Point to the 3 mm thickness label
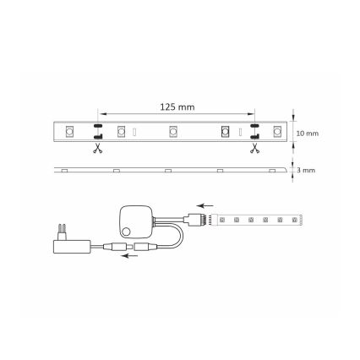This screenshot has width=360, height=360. tap(306, 170)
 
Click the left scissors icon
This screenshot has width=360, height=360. tap(98, 149)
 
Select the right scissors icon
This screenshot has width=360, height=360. tap(253, 149)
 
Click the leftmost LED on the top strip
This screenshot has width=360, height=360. tap(71, 132)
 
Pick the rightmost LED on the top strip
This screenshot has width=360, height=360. tap(276, 132)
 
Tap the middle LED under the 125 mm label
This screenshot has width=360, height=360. tap(173, 132)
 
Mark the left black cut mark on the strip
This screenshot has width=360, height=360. tap(98, 132)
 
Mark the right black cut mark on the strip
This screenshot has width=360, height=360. tap(253, 132)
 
